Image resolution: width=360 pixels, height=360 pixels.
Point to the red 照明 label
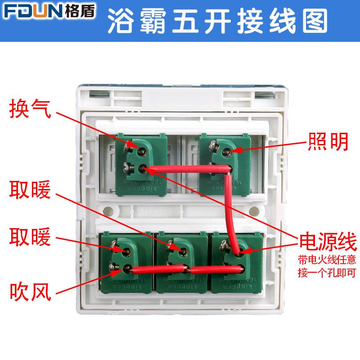click(328, 142)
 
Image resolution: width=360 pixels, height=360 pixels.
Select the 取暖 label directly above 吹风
click(31, 237)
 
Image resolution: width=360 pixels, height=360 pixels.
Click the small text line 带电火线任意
click(328, 260)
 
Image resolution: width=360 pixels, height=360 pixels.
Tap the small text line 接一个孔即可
click(328, 272)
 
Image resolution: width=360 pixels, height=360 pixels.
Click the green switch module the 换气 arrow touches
click(140, 164)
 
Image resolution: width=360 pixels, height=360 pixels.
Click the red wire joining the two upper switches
click(189, 169)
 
